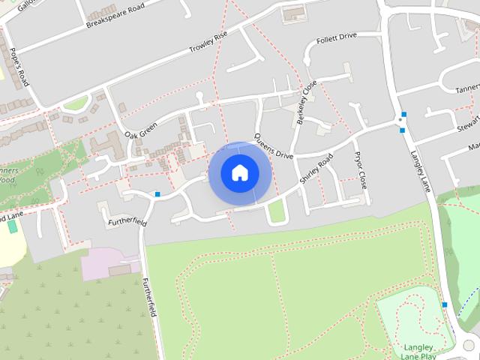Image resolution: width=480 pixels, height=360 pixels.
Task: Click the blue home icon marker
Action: [x=239, y=172]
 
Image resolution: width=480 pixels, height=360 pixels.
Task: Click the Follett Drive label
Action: [x=337, y=37]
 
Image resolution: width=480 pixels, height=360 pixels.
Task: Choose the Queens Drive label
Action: [x=272, y=146]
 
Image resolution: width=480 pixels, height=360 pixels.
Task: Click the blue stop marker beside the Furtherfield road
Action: [x=157, y=195]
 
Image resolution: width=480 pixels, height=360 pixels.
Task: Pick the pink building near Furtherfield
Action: [x=109, y=265]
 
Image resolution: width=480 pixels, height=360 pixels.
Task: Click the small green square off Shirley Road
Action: [x=277, y=213]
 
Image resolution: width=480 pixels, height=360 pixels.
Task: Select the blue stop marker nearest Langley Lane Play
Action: [x=445, y=304]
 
